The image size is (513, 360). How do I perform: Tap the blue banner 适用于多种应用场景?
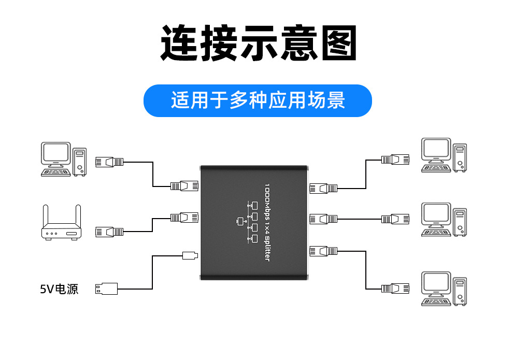(258, 100)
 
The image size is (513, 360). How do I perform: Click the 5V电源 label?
(59, 289)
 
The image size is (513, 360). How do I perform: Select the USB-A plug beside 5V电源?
(106, 289)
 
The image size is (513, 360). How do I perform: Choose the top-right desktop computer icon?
(444, 154)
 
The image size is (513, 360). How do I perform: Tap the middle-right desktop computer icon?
(444, 220)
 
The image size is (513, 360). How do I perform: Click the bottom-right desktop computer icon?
(444, 288)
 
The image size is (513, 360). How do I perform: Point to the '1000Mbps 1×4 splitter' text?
(267, 222)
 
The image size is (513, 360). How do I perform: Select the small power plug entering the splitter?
(190, 255)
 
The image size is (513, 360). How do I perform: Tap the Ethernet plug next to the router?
(109, 232)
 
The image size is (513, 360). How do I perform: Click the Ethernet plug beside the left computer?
(109, 162)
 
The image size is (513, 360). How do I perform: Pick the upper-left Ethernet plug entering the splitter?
(184, 185)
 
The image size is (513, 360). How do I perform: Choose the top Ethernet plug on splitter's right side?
(323, 188)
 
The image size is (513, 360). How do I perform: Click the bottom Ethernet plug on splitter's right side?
(323, 252)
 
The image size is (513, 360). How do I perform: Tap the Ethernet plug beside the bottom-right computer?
(395, 289)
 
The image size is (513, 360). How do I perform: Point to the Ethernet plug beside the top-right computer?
(395, 159)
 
